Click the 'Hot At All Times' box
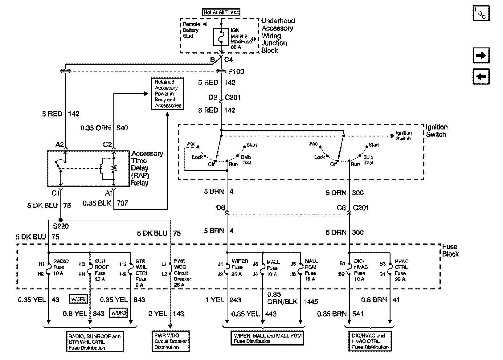coord(221,12)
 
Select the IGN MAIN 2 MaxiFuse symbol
coord(221,37)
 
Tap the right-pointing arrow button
coord(481,55)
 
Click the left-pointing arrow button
coord(481,76)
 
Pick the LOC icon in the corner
coord(481,13)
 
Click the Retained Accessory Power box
coord(168,94)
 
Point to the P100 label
coord(236,72)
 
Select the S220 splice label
coord(61,226)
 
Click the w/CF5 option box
coord(78,299)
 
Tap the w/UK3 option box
coord(119,313)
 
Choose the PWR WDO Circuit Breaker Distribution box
coord(171,342)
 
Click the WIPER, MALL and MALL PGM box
coord(268,338)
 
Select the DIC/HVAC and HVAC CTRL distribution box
coord(370,342)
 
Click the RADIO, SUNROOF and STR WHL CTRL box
coord(95,342)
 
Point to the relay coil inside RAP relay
coord(101,169)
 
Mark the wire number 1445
coord(311,302)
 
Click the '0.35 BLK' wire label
coord(97,203)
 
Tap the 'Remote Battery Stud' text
coord(191,30)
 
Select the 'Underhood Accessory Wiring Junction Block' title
coord(278,35)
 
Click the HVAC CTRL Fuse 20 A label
coord(402,270)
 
